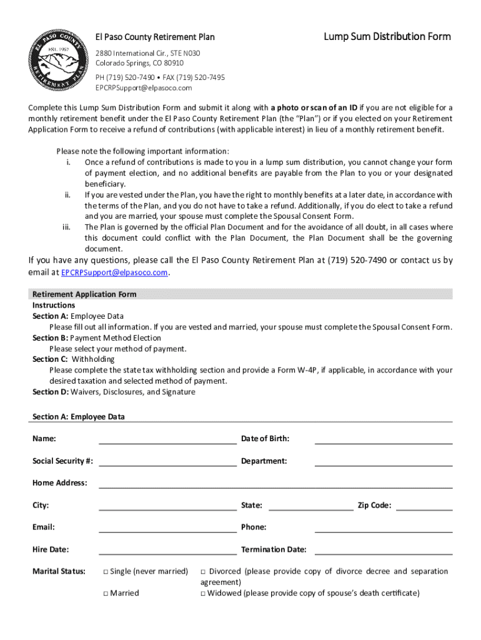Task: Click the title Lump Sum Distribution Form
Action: tap(387, 36)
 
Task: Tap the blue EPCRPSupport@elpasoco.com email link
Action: tap(114, 272)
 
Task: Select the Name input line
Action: tap(167, 439)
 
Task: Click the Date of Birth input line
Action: tap(383, 439)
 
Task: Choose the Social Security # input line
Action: tap(167, 461)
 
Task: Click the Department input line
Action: tap(383, 461)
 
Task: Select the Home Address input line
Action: tap(275, 483)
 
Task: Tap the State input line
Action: tap(310, 506)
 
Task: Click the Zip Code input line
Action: tap(424, 506)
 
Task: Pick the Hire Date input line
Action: tap(167, 550)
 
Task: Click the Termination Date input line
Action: tap(383, 550)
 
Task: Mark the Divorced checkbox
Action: tap(203, 571)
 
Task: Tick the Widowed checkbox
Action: tap(203, 593)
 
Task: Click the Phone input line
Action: tap(383, 527)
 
